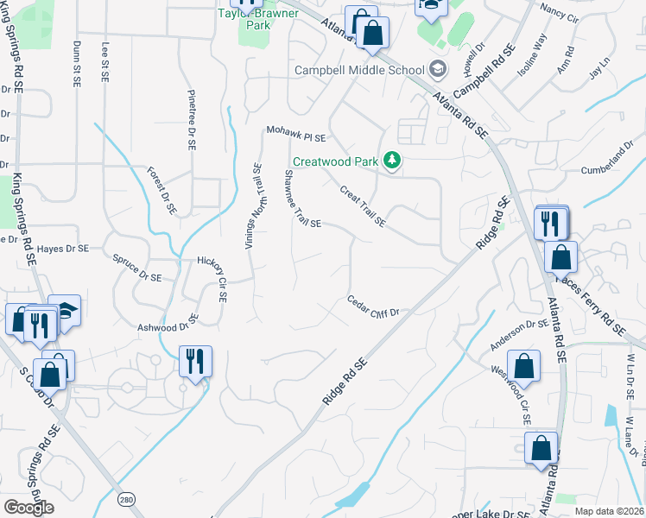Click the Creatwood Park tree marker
(x=394, y=161)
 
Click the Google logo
(x=29, y=508)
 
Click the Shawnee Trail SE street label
(x=302, y=199)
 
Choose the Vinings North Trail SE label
(x=252, y=206)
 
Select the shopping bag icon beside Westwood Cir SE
(x=523, y=366)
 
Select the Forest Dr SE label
(x=161, y=190)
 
